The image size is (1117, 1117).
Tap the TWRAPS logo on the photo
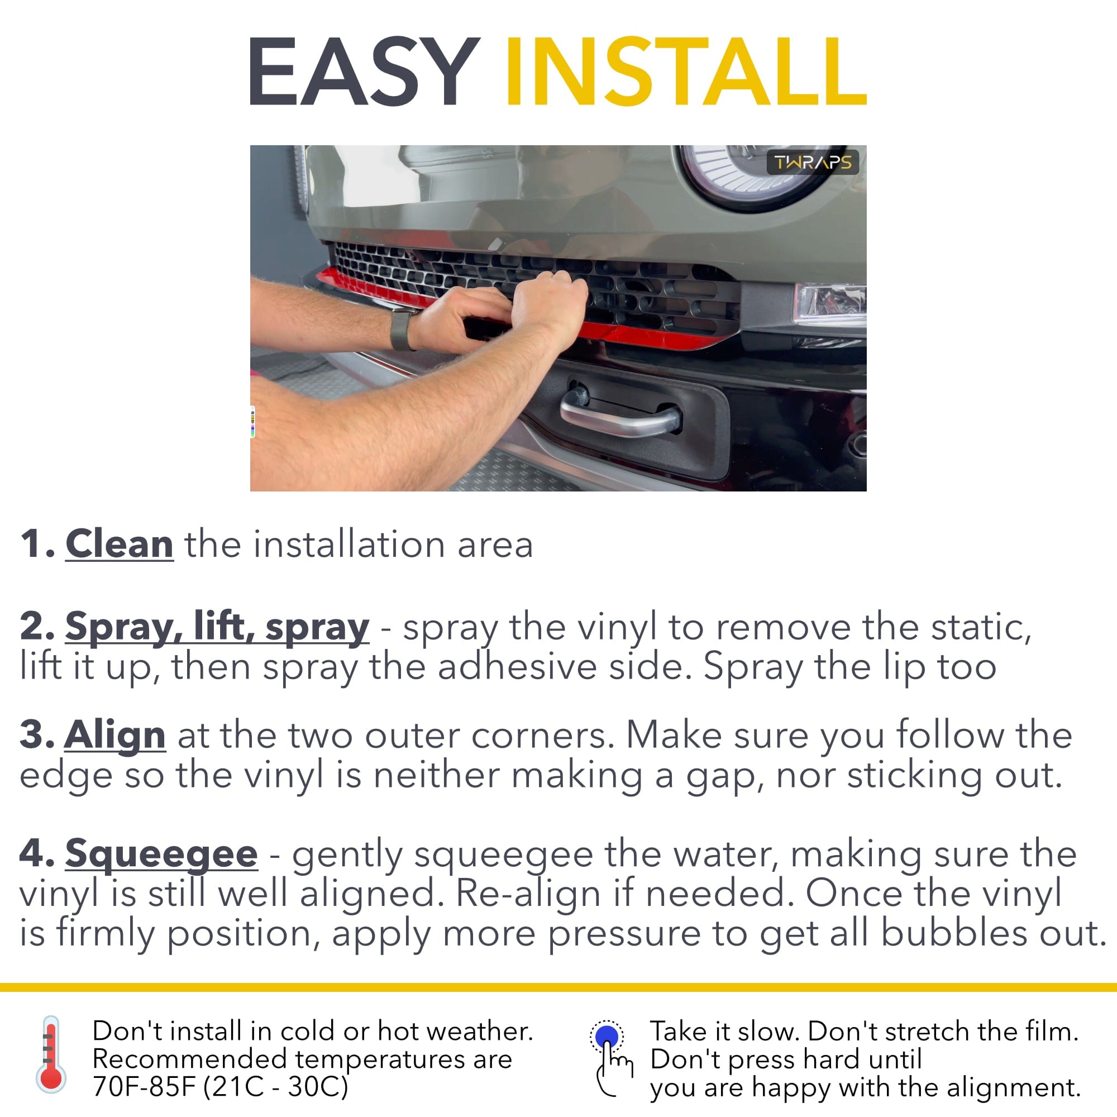point(812,163)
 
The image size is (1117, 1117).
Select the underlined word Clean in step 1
point(119,544)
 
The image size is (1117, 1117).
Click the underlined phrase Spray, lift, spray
point(217,627)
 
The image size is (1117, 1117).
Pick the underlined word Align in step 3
point(115,736)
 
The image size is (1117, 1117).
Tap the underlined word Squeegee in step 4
point(161,855)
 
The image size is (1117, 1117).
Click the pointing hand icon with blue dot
point(610,1057)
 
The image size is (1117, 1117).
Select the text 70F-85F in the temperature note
point(145,1086)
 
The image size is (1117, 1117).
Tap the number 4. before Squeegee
point(37,853)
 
